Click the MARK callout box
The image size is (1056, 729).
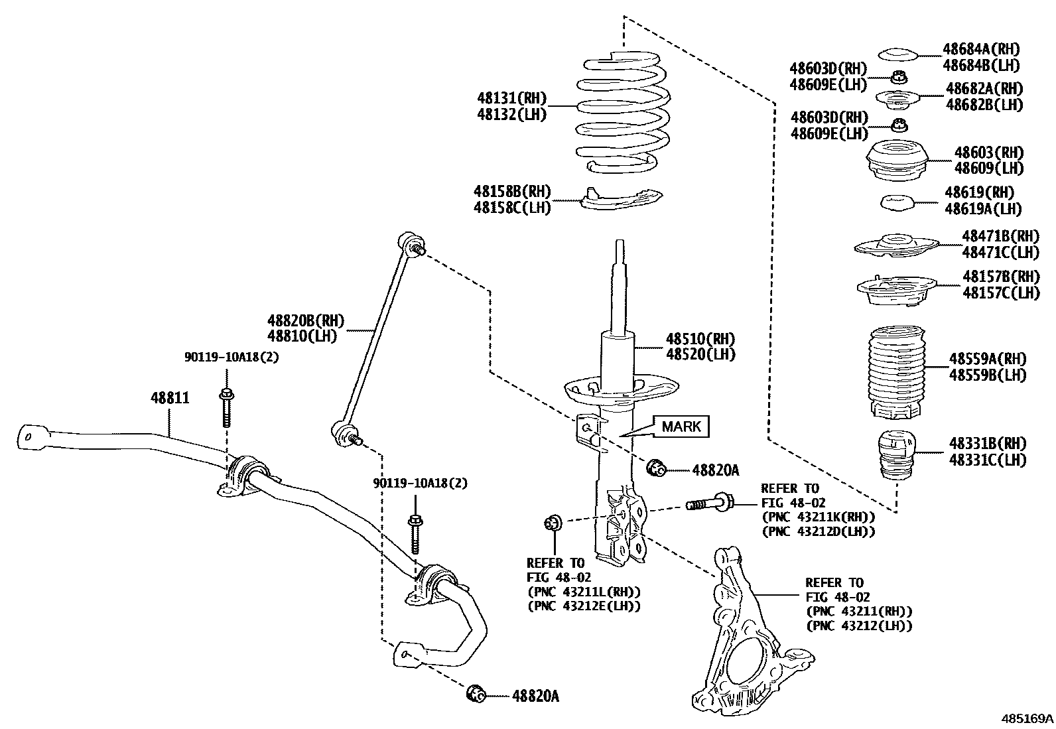(x=681, y=427)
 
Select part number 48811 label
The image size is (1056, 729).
(x=170, y=398)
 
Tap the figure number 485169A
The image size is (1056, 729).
(x=1027, y=718)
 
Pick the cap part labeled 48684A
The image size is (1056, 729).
(x=897, y=55)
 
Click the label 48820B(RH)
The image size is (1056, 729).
(x=306, y=321)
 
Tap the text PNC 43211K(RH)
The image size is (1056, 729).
(x=819, y=517)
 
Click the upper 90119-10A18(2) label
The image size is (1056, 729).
(x=231, y=357)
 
